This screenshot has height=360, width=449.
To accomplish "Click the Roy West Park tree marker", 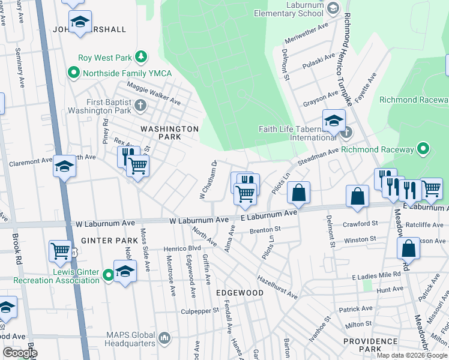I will (141, 58).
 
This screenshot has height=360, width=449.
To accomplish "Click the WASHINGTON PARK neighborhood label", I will (169, 133).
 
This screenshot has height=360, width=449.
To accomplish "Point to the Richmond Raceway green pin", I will (423, 149).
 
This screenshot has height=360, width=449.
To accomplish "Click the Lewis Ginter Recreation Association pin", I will (109, 275).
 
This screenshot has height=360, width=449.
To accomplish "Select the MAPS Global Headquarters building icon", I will (165, 338).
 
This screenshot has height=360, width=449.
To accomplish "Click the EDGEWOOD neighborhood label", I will (240, 292).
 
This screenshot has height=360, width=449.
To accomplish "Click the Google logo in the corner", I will (20, 353).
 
